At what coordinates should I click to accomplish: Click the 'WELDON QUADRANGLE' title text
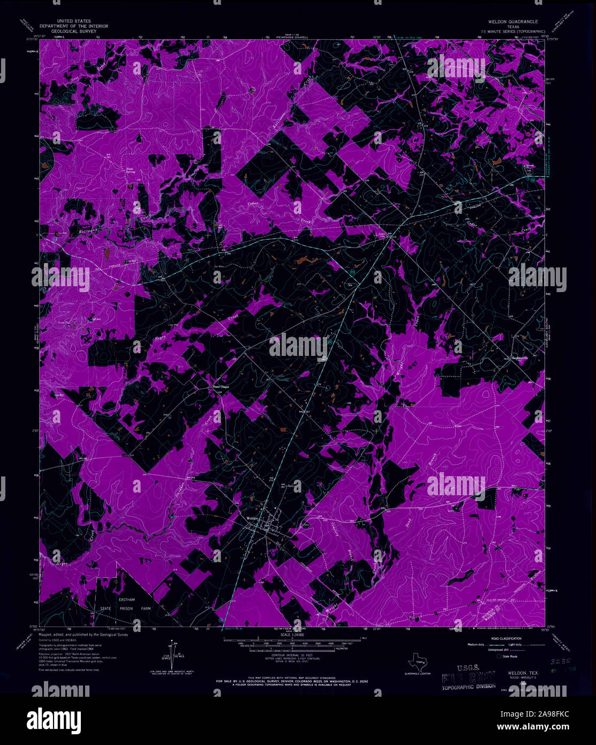516,22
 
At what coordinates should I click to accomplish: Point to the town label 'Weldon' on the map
252,518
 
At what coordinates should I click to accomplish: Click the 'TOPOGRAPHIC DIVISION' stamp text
464,686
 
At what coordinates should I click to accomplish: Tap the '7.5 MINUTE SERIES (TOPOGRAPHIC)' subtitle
516,31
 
